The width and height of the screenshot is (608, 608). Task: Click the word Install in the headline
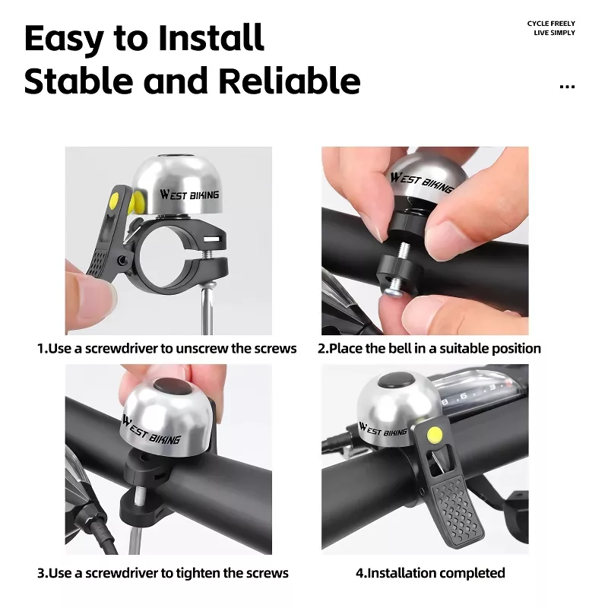[x=211, y=38]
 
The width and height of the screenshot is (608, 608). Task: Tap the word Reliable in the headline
[x=290, y=81]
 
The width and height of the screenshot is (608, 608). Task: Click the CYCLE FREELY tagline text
[x=551, y=24]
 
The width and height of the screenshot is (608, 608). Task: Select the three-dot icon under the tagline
[x=567, y=87]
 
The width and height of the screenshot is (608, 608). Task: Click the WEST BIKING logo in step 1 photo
[x=189, y=195]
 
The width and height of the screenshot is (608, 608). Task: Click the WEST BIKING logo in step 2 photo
[x=422, y=182]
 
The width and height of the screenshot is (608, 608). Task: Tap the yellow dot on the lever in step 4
[x=434, y=434]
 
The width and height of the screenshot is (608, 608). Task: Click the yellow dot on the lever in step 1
[x=115, y=201]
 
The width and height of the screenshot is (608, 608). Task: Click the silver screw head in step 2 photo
[x=392, y=293]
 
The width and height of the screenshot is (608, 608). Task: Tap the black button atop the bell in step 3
[x=173, y=386]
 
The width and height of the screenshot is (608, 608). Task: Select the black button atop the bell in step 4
[x=397, y=381]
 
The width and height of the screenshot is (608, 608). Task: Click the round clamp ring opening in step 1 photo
[x=168, y=254]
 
